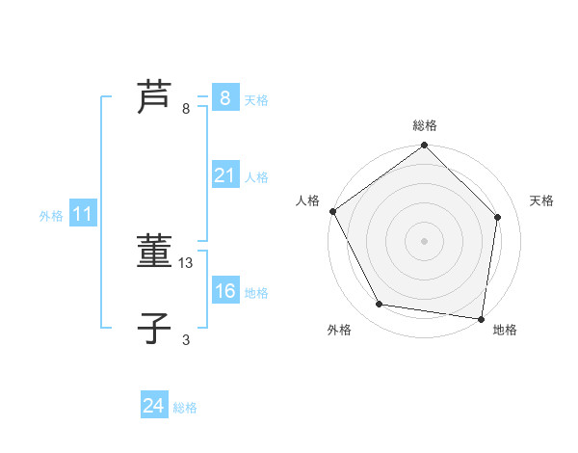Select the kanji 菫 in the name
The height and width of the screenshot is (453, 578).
(154, 252)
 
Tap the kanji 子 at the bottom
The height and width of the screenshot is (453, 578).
(154, 329)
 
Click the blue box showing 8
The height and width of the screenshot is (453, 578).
(224, 97)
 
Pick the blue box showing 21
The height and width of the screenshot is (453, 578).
(224, 175)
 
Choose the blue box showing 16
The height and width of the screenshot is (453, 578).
(224, 291)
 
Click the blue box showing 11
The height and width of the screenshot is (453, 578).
(82, 215)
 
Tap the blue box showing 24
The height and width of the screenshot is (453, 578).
(153, 407)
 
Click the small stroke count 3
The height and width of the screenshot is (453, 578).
(186, 339)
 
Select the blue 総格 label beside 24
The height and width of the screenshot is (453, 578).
(185, 408)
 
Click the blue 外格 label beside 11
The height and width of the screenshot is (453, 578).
(51, 216)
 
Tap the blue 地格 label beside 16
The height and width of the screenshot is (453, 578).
(256, 292)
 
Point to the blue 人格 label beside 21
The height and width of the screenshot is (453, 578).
(256, 176)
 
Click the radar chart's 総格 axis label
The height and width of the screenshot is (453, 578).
(425, 126)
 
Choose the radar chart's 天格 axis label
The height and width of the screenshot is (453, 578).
(542, 200)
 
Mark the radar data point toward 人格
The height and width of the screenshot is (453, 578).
(332, 211)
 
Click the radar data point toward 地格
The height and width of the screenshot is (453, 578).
(481, 318)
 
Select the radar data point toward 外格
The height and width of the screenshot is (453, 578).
(380, 305)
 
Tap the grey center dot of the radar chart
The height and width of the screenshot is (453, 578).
(425, 240)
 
